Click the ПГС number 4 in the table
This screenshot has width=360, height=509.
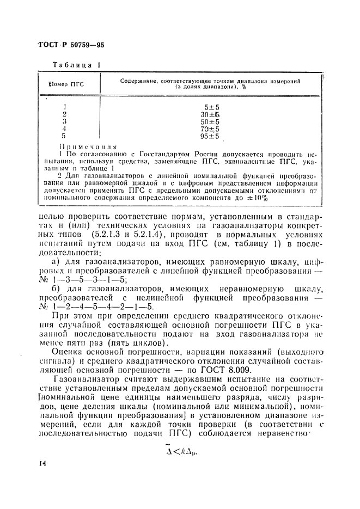click(x=65, y=129)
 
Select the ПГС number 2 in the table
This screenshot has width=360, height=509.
click(x=64, y=114)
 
